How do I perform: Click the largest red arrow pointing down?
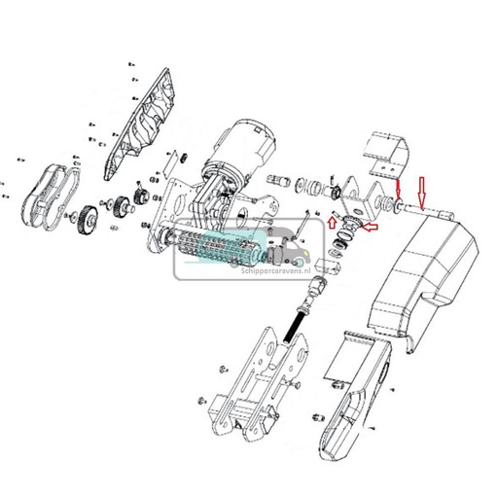pos(421,191)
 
